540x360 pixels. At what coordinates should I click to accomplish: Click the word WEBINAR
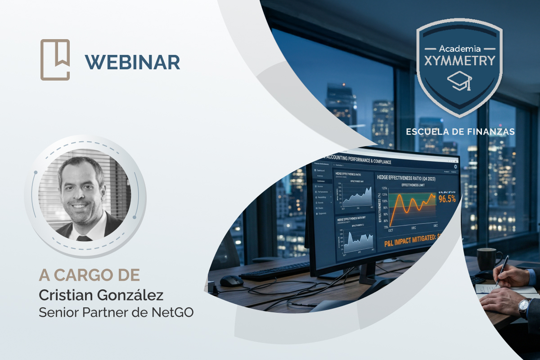pyautogui.click(x=132, y=62)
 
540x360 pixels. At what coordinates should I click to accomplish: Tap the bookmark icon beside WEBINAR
pyautogui.click(x=55, y=60)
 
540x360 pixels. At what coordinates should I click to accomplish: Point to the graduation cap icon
pyautogui.click(x=459, y=81)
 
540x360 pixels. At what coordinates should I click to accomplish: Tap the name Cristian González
pyautogui.click(x=101, y=295)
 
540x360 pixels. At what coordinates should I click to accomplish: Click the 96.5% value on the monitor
pyautogui.click(x=447, y=199)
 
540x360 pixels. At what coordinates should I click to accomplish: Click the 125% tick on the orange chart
pyautogui.click(x=384, y=189)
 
